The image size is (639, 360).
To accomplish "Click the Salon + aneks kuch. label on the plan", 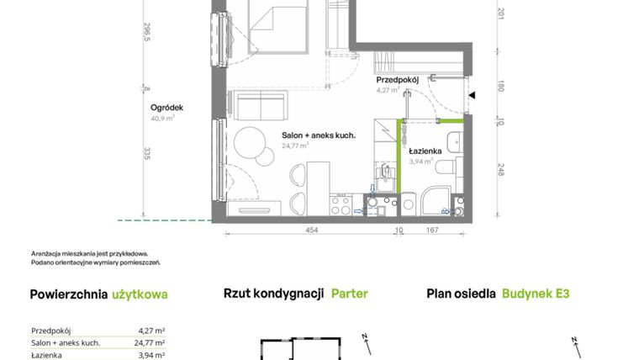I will pos(319,135).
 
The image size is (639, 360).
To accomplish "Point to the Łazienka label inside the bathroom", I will pos(426,151).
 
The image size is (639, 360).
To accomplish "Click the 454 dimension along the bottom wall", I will pos(311,229).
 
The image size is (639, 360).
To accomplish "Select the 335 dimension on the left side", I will pos(147,153).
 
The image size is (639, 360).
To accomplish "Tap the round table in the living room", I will pos(250,142).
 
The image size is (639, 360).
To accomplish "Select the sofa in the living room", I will pos(262,108).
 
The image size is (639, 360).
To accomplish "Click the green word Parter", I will pos(349,294).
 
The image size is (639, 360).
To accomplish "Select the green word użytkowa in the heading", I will pos(140,294).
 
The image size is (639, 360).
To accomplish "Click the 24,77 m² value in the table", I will pos(148,343).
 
